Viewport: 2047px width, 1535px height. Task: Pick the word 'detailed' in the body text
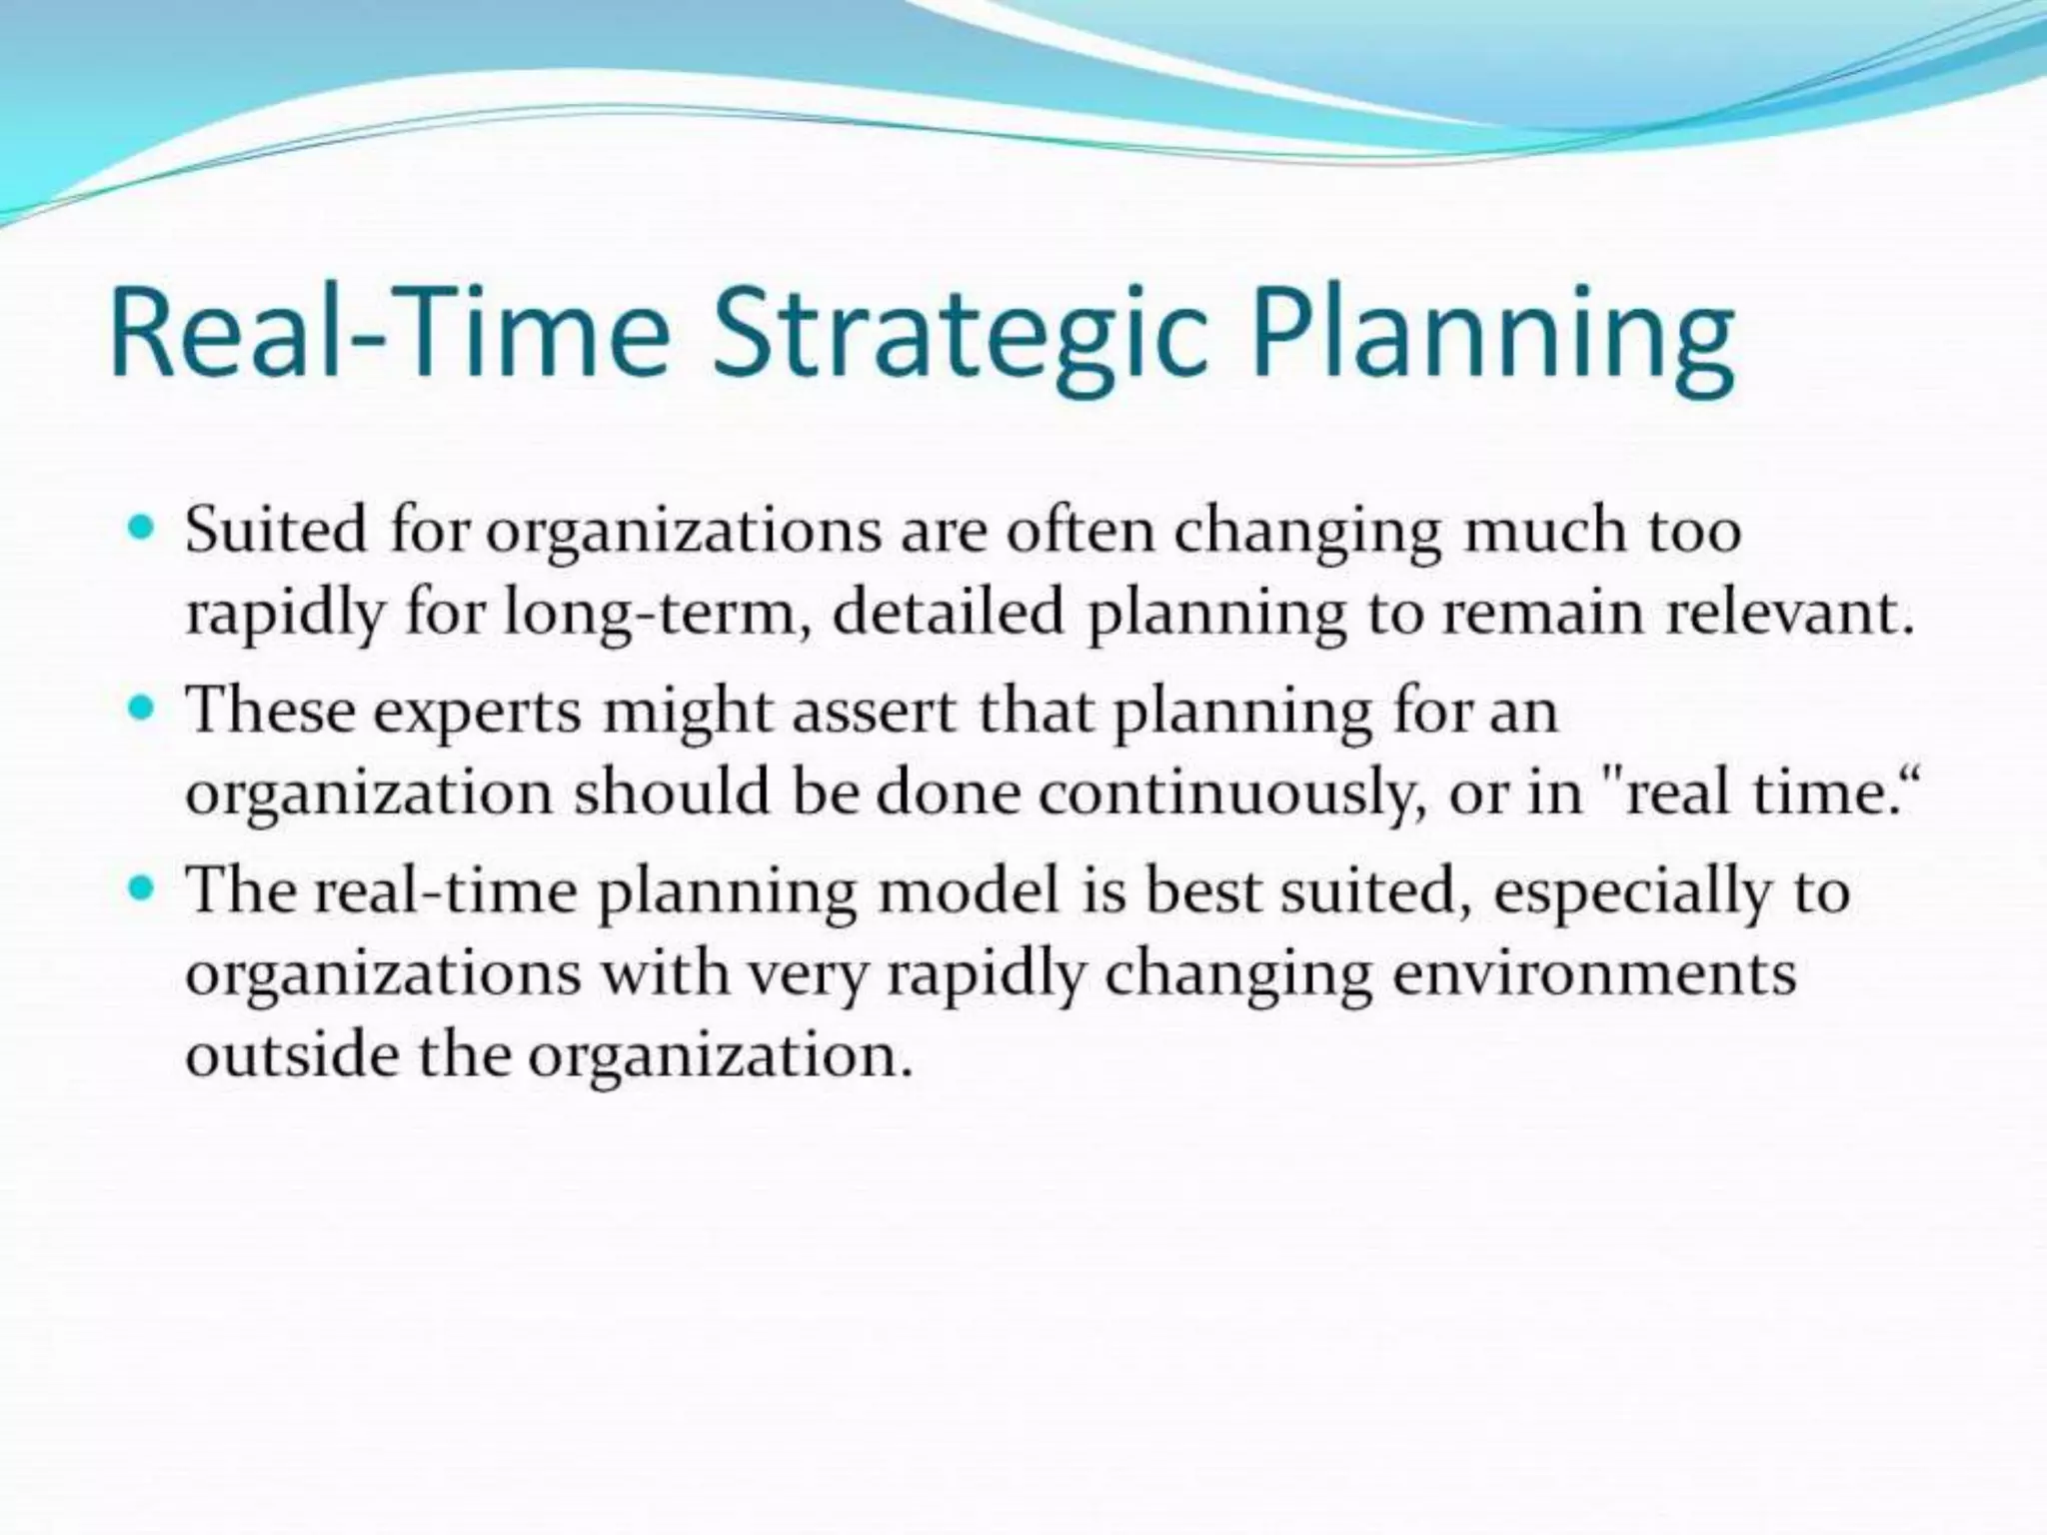(x=948, y=612)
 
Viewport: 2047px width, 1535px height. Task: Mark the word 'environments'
(x=1593, y=972)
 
